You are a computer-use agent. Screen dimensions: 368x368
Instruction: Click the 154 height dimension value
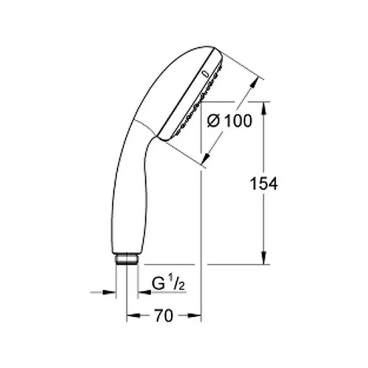coord(264,184)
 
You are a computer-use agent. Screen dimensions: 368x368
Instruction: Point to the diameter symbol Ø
coord(214,121)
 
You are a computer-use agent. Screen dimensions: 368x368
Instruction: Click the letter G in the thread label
coord(158,284)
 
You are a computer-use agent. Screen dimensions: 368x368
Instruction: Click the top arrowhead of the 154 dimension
coord(264,107)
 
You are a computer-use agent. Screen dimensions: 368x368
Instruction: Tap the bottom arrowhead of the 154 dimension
coord(264,259)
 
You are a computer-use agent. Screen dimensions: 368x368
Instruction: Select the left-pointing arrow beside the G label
coord(143,292)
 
